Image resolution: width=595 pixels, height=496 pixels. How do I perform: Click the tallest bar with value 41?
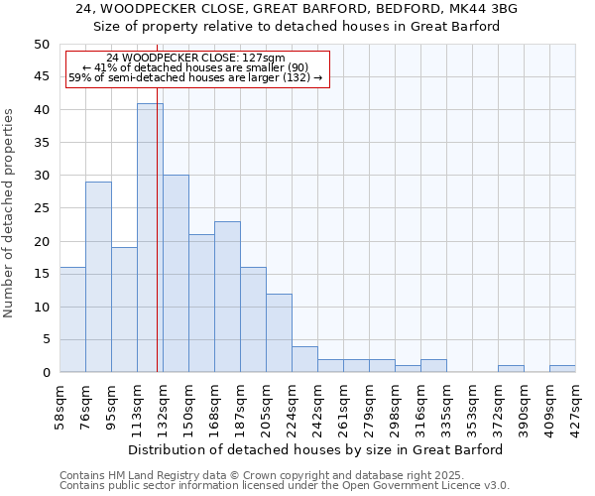pyautogui.click(x=150, y=238)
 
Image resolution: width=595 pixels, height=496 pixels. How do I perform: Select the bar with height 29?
pyautogui.click(x=98, y=277)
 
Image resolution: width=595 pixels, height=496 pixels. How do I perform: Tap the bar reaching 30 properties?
pyautogui.click(x=176, y=274)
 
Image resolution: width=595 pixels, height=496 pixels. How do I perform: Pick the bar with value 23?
pyautogui.click(x=227, y=297)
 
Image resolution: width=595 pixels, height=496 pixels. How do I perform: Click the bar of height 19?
pyautogui.click(x=124, y=310)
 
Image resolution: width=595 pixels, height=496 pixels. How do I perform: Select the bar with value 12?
pyautogui.click(x=279, y=333)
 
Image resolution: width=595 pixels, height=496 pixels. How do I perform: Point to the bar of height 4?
pyautogui.click(x=304, y=359)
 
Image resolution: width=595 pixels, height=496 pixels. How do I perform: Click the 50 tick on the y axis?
pyautogui.click(x=42, y=45)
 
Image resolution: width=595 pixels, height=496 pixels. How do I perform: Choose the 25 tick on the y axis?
pyautogui.click(x=42, y=208)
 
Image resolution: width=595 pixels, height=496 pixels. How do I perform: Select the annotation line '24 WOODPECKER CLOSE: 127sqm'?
pyautogui.click(x=196, y=59)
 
